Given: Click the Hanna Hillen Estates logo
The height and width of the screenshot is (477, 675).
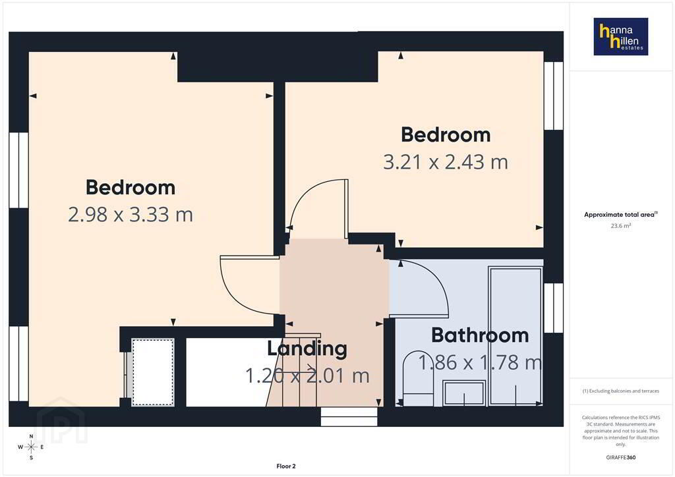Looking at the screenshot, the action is click(x=621, y=36).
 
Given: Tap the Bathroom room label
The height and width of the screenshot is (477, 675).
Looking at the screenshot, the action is click(x=480, y=335).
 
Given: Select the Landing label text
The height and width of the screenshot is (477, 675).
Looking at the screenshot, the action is click(x=307, y=349).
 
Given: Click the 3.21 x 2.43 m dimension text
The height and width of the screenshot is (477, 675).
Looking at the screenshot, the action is click(x=446, y=162).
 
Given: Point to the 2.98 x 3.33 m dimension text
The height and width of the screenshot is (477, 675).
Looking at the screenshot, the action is click(x=131, y=215).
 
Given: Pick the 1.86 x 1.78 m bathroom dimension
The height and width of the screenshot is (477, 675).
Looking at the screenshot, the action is click(x=480, y=362).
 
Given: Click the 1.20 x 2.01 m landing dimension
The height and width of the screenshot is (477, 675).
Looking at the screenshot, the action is click(x=307, y=376).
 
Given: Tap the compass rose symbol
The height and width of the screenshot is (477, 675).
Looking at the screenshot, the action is click(x=31, y=447).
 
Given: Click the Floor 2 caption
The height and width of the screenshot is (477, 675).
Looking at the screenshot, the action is click(x=286, y=466).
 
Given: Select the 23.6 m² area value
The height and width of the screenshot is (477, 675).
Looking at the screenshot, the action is click(x=621, y=225).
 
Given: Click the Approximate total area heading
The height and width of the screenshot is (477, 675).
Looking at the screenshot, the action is click(x=621, y=214).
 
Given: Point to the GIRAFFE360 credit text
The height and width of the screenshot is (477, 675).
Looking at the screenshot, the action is click(x=621, y=457).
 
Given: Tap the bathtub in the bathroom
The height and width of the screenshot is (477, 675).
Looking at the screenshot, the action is click(x=515, y=336).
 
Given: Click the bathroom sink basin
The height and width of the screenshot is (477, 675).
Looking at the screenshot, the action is click(x=464, y=393).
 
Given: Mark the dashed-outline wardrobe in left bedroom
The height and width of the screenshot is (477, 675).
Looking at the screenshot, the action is click(x=153, y=372).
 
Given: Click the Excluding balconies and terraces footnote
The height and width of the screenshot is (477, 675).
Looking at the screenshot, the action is click(x=621, y=391).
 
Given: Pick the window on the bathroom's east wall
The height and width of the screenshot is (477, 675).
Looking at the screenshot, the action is click(x=554, y=308).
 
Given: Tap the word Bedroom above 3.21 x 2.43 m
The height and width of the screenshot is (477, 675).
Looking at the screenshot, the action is click(x=446, y=135).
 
